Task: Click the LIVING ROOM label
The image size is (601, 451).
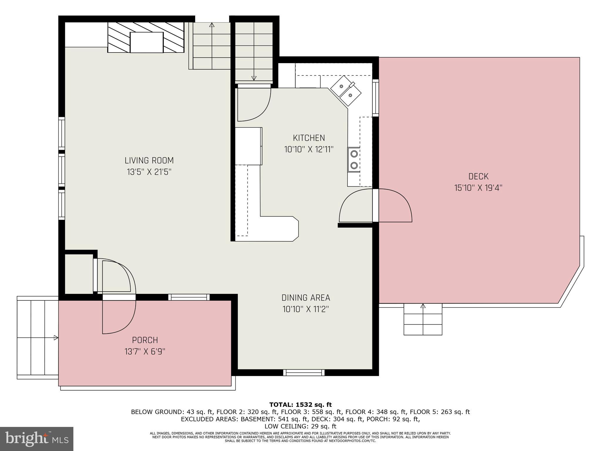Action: (x=149, y=161)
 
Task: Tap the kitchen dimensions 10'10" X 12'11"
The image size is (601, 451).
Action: (x=309, y=149)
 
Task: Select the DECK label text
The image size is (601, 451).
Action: (x=478, y=176)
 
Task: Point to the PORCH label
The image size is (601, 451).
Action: (x=145, y=340)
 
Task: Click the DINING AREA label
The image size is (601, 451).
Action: (x=306, y=298)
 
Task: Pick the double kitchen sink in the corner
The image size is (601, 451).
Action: (x=346, y=90)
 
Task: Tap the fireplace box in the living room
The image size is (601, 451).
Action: (x=146, y=42)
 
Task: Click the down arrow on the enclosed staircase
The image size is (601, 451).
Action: (x=254, y=78)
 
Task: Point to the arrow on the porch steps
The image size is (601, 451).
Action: (x=56, y=338)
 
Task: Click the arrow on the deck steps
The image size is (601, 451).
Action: (x=423, y=306)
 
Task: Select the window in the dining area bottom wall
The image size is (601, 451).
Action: (x=304, y=373)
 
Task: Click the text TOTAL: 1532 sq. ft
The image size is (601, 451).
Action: (x=300, y=405)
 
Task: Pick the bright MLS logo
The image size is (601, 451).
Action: (x=36, y=439)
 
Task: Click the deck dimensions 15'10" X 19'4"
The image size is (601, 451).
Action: (x=478, y=188)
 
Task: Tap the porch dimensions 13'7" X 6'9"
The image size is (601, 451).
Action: (x=145, y=351)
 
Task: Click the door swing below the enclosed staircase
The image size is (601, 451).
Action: (x=253, y=104)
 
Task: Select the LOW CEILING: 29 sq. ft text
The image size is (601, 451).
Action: (x=300, y=426)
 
